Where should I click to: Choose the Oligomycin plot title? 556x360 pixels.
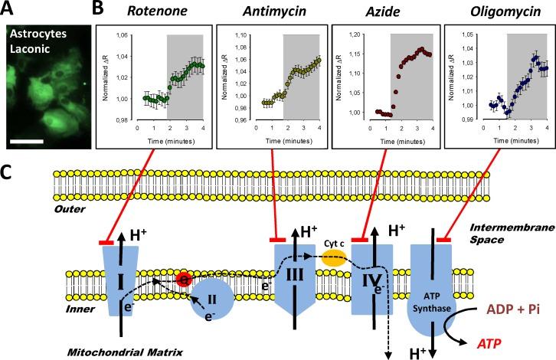coord(496,10)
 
